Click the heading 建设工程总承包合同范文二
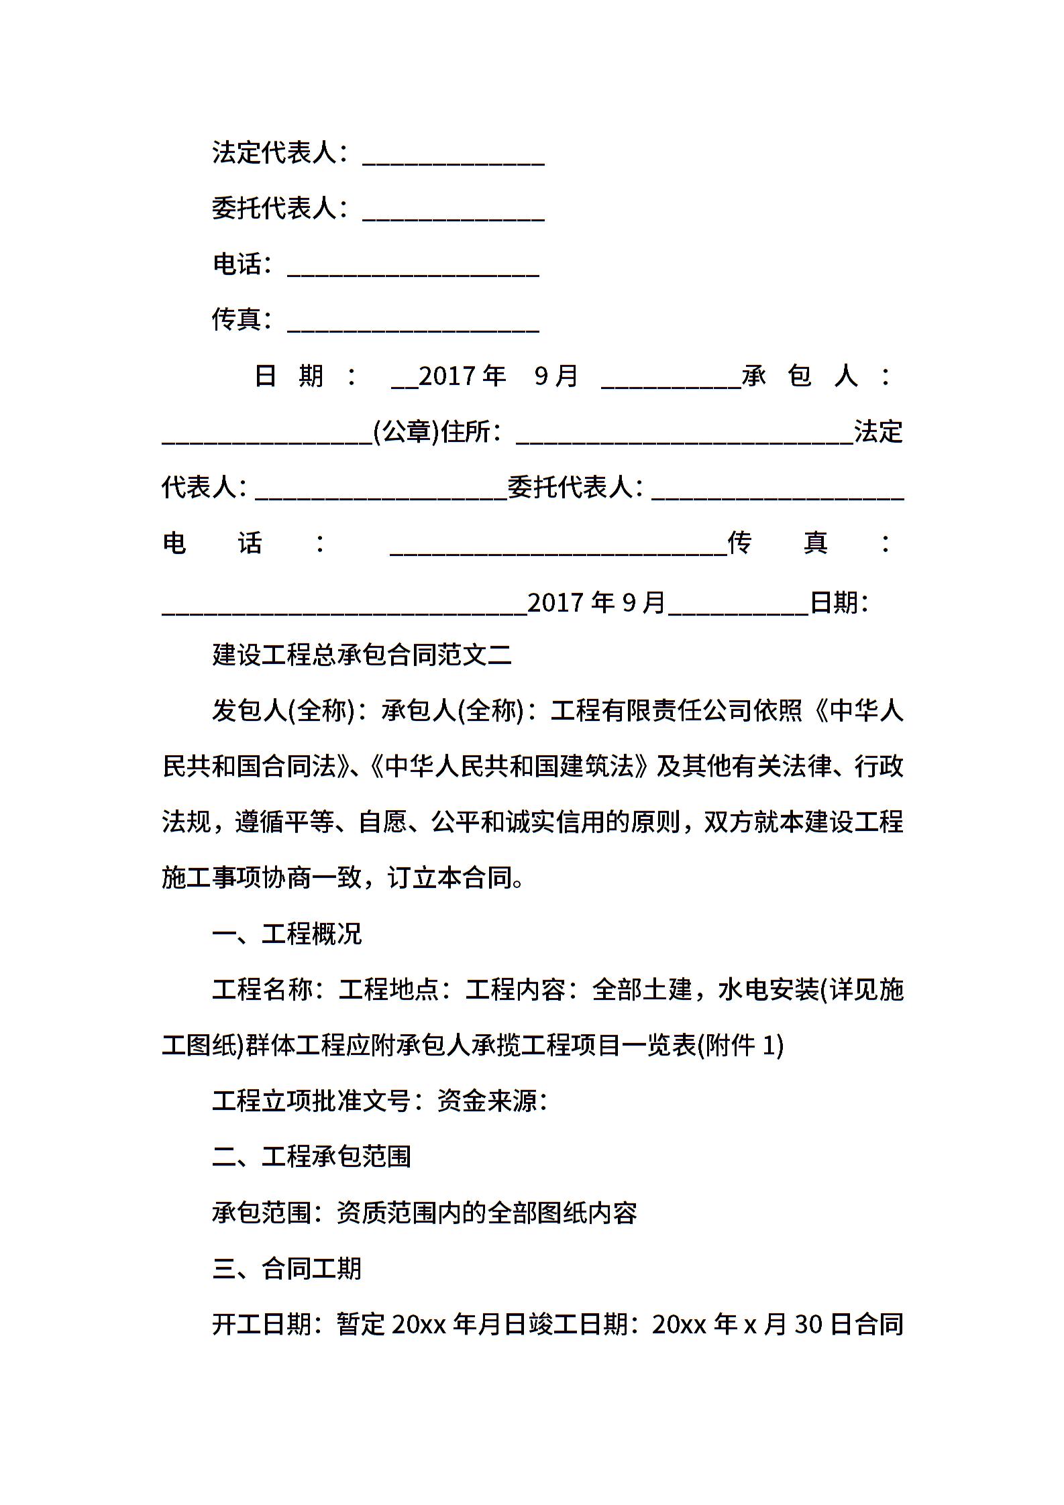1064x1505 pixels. pyautogui.click(x=362, y=655)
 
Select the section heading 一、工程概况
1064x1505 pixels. pyautogui.click(x=286, y=934)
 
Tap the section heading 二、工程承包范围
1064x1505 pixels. pyautogui.click(x=311, y=1156)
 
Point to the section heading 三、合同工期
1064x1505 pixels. pyautogui.click(x=286, y=1268)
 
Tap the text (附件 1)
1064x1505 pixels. pyautogui.click(x=741, y=1045)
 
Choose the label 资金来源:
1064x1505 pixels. pyautogui.click(x=492, y=1101)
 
